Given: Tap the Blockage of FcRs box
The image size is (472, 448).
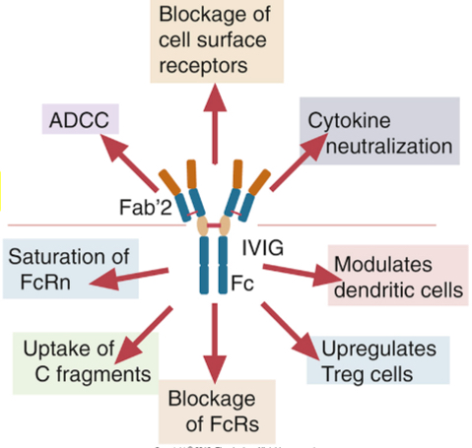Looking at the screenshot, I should (x=215, y=411).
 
